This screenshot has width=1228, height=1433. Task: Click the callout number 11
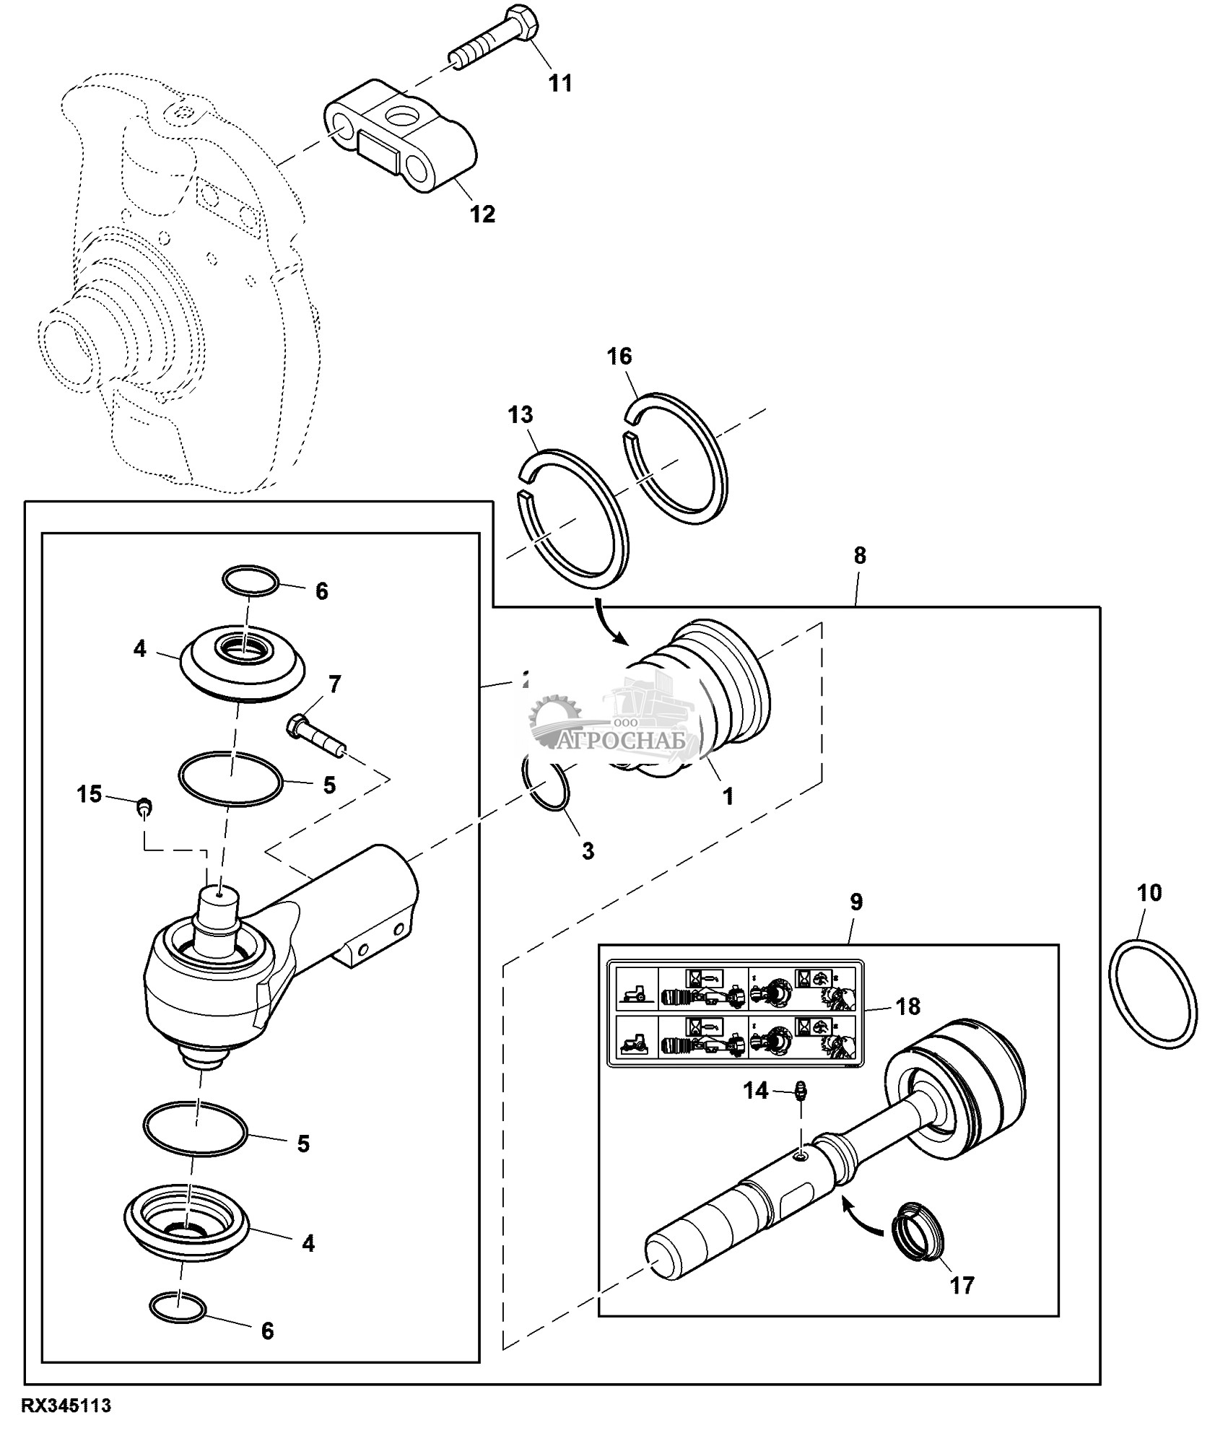(560, 83)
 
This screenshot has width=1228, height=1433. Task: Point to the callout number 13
(520, 414)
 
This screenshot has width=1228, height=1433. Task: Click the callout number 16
(619, 356)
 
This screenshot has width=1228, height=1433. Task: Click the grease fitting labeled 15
(144, 806)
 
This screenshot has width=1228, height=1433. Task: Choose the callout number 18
(909, 1006)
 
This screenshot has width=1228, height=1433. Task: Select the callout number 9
(856, 902)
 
